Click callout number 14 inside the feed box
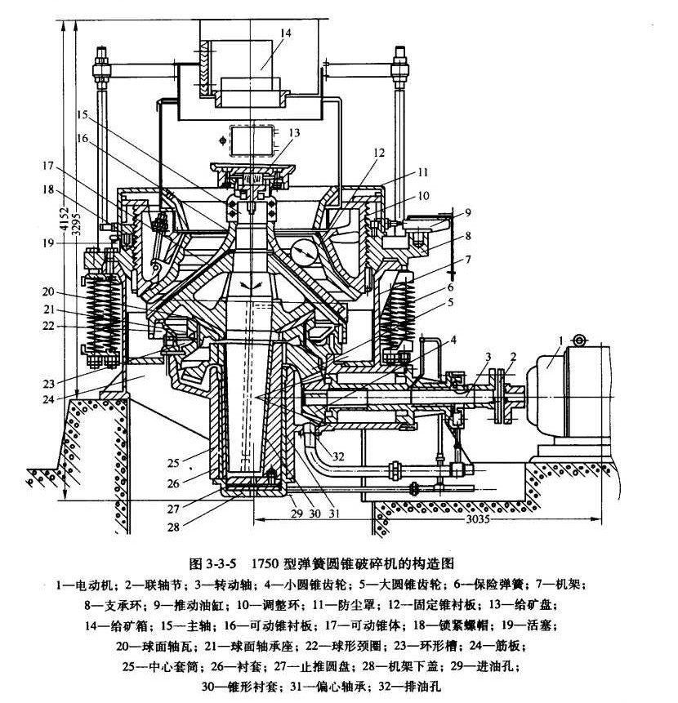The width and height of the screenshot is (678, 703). coord(284,33)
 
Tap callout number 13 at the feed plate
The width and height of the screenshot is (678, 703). coord(293,132)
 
